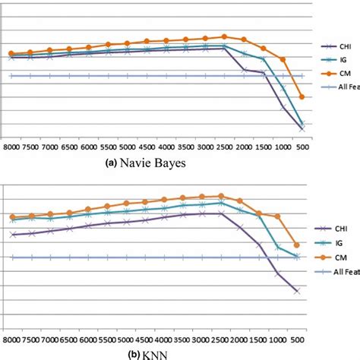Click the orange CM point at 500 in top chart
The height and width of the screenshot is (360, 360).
tap(302, 97)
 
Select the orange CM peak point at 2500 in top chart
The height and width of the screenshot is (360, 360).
tap(224, 36)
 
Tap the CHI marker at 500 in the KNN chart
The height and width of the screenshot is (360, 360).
tap(296, 291)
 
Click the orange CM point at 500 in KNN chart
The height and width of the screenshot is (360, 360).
tap(296, 245)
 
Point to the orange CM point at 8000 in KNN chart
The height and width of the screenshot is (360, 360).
tap(12, 217)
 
